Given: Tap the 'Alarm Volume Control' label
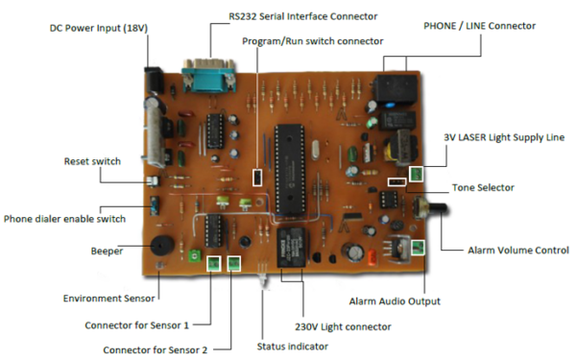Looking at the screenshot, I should pyautogui.click(x=517, y=251).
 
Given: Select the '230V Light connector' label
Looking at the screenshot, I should pyautogui.click(x=343, y=326).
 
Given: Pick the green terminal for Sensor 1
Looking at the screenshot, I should pyautogui.click(x=213, y=262).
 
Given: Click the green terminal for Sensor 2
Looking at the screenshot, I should pyautogui.click(x=233, y=262).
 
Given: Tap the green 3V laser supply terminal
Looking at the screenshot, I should pyautogui.click(x=417, y=174).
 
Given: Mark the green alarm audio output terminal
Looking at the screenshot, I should pyautogui.click(x=418, y=248).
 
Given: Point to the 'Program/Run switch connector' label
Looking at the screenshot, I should pyautogui.click(x=312, y=41).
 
